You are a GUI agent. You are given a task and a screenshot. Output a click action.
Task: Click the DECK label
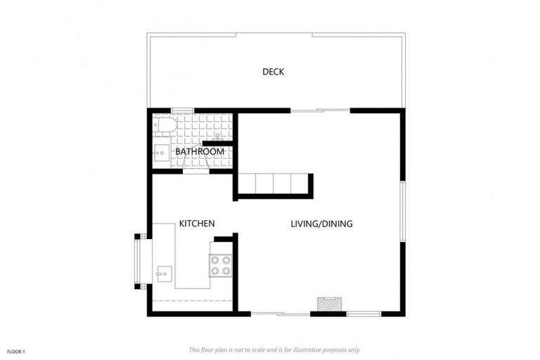pos(273,72)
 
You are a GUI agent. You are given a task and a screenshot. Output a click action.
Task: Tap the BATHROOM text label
pos(200,151)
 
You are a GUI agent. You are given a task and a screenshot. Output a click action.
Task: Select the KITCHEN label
pos(197,224)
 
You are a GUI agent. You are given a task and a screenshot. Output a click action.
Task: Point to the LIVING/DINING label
pos(321,224)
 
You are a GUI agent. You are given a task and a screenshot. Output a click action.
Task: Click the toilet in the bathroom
pos(166,124)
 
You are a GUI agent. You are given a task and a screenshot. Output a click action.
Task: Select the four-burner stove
pos(221,265)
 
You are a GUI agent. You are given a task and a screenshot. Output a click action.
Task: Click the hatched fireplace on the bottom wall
pos(328,304)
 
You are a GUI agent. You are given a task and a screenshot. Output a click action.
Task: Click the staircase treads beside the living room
pos(273,184)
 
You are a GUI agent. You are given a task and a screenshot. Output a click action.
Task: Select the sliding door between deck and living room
pos(320,110)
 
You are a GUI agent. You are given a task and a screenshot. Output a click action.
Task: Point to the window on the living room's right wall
pos(403,211)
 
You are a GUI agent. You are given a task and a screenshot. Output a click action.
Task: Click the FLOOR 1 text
pos(16,350)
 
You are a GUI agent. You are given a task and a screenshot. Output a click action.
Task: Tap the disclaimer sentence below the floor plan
pos(274,349)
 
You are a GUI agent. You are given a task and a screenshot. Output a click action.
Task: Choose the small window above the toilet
pos(182,110)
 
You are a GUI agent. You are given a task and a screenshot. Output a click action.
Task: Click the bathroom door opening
pos(196,171)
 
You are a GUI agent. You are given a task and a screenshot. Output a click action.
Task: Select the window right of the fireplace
pos(364,313)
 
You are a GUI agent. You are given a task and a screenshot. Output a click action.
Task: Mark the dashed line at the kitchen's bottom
pos(192,301)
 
